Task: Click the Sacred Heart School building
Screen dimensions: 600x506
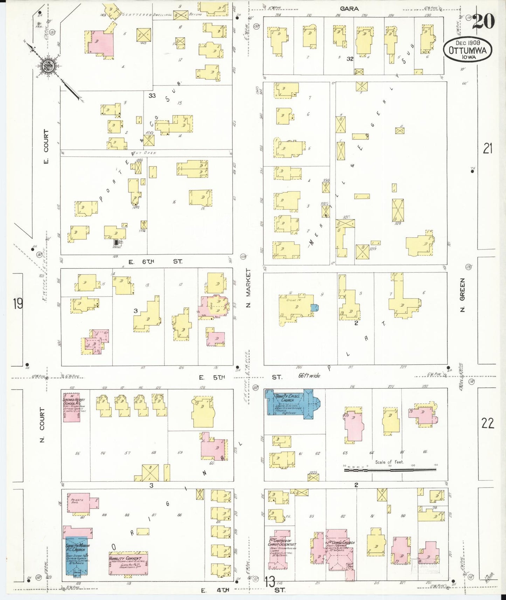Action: pyautogui.click(x=71, y=407)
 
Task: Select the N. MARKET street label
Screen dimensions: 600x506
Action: pyautogui.click(x=249, y=288)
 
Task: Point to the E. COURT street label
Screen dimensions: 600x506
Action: pyautogui.click(x=46, y=146)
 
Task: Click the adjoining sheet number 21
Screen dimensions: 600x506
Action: pyautogui.click(x=487, y=148)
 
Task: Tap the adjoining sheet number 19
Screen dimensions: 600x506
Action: pyautogui.click(x=18, y=303)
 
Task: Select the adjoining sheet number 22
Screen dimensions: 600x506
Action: pyautogui.click(x=487, y=423)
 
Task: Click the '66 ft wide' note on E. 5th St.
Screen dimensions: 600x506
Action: pyautogui.click(x=309, y=376)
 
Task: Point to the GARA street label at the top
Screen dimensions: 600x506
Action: pyautogui.click(x=349, y=8)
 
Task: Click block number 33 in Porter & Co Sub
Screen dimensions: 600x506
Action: pyautogui.click(x=152, y=95)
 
